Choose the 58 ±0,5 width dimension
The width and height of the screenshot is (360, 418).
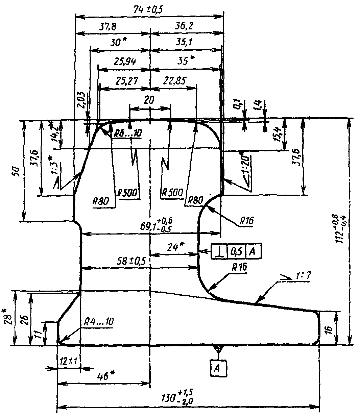pos(133,261)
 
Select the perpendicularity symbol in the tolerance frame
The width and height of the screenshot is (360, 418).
pos(219,251)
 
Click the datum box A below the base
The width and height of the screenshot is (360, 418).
pos(218,368)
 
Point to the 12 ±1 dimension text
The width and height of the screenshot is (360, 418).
pos(68,361)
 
